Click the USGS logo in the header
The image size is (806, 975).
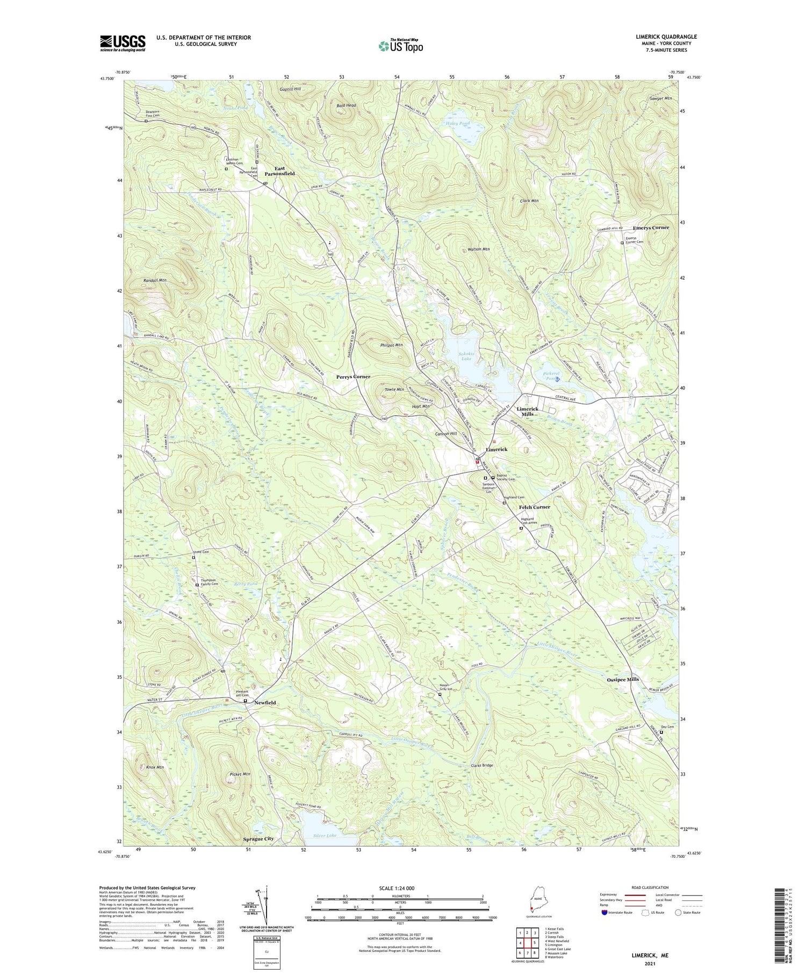click(123, 43)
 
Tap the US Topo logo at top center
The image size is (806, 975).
click(400, 46)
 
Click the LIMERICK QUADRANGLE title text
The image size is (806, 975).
click(666, 37)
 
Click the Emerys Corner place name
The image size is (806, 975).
click(651, 227)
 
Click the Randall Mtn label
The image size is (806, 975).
click(155, 281)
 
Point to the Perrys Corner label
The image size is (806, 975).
click(353, 377)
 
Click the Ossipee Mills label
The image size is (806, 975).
click(623, 679)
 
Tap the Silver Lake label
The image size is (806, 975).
click(325, 835)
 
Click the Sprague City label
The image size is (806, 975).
click(258, 839)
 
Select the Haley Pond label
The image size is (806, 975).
click(458, 124)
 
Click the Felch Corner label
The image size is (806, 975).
click(534, 507)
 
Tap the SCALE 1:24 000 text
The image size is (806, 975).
click(399, 888)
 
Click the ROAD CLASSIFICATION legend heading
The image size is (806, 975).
click(650, 887)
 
